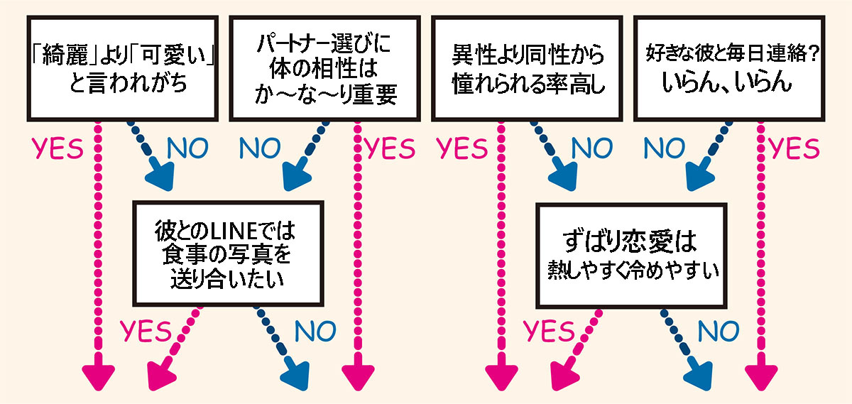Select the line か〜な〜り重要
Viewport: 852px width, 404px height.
(323, 95)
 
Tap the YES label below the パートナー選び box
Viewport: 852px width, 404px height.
(389, 148)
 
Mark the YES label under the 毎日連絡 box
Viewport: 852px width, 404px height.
(794, 148)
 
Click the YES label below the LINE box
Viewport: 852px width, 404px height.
(145, 329)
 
